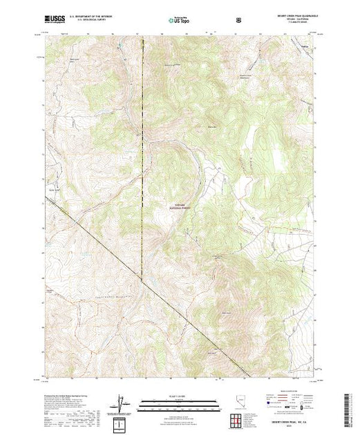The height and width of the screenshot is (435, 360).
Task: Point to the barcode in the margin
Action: pyautogui.click(x=348, y=408)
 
